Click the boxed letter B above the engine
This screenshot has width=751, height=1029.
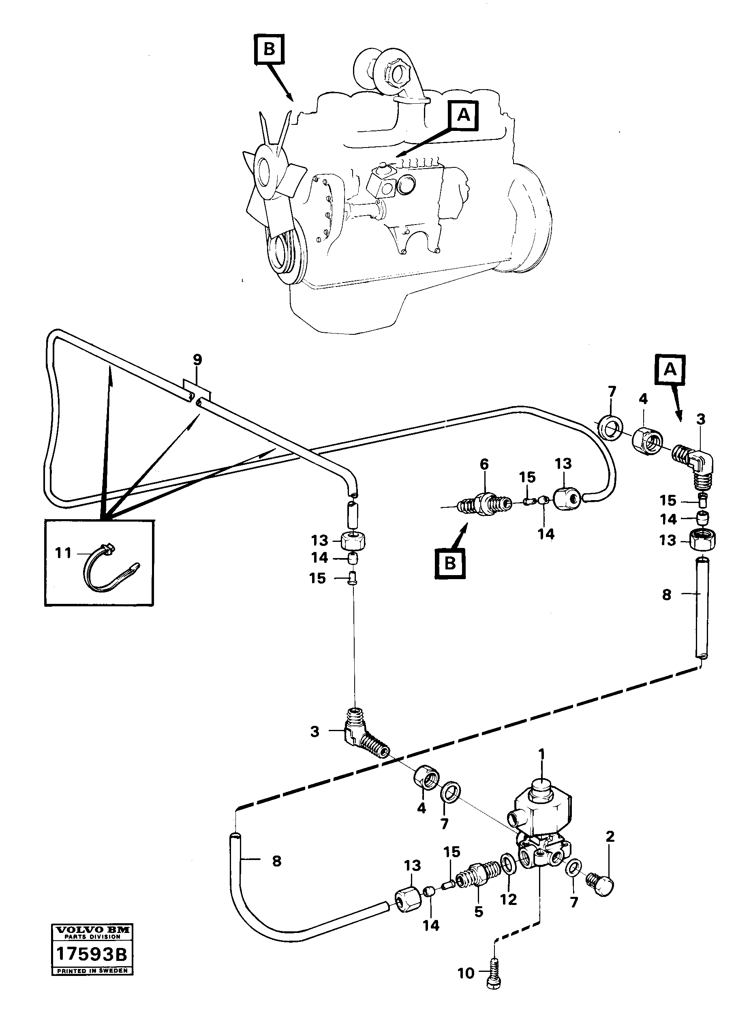[x=269, y=49]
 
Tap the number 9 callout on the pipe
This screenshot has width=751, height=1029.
[x=197, y=360]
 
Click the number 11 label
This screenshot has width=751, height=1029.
[x=63, y=553]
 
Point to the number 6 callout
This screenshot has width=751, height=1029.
[x=484, y=464]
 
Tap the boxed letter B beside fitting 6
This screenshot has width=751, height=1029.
[x=449, y=564]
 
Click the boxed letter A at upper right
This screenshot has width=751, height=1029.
[x=670, y=370]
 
